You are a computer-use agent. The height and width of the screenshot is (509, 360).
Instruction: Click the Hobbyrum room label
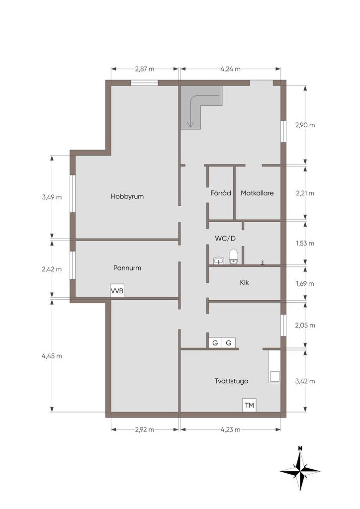coord(127,196)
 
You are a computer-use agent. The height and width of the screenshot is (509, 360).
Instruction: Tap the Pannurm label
coord(127,268)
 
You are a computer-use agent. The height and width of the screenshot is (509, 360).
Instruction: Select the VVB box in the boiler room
coord(117,291)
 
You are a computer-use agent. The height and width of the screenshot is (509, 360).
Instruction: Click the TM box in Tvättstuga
coord(249,405)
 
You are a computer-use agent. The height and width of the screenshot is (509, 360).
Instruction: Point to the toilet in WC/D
coord(234,256)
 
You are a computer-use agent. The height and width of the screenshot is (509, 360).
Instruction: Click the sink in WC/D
coord(219,260)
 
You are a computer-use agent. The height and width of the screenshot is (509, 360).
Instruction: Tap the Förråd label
coord(221,193)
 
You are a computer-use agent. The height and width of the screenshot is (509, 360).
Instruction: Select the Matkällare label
coord(257,193)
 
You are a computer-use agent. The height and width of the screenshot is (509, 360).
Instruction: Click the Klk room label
coord(244,282)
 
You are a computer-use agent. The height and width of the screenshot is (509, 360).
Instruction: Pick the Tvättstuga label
coord(231,381)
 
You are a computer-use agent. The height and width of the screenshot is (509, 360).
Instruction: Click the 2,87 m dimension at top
coord(145,69)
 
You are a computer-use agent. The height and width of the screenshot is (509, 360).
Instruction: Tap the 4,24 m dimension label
coord(231,69)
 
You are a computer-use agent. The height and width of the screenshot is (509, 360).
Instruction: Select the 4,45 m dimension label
coord(52,356)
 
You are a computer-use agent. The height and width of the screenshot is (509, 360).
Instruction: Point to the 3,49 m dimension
coord(52,197)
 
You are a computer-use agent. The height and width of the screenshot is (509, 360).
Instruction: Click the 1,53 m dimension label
coord(305,243)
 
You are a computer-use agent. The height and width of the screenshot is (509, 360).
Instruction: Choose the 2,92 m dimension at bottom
coord(145,429)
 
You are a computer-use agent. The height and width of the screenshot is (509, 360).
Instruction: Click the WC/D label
coord(225,239)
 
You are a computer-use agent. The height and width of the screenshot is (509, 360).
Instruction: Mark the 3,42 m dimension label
coord(305,381)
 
